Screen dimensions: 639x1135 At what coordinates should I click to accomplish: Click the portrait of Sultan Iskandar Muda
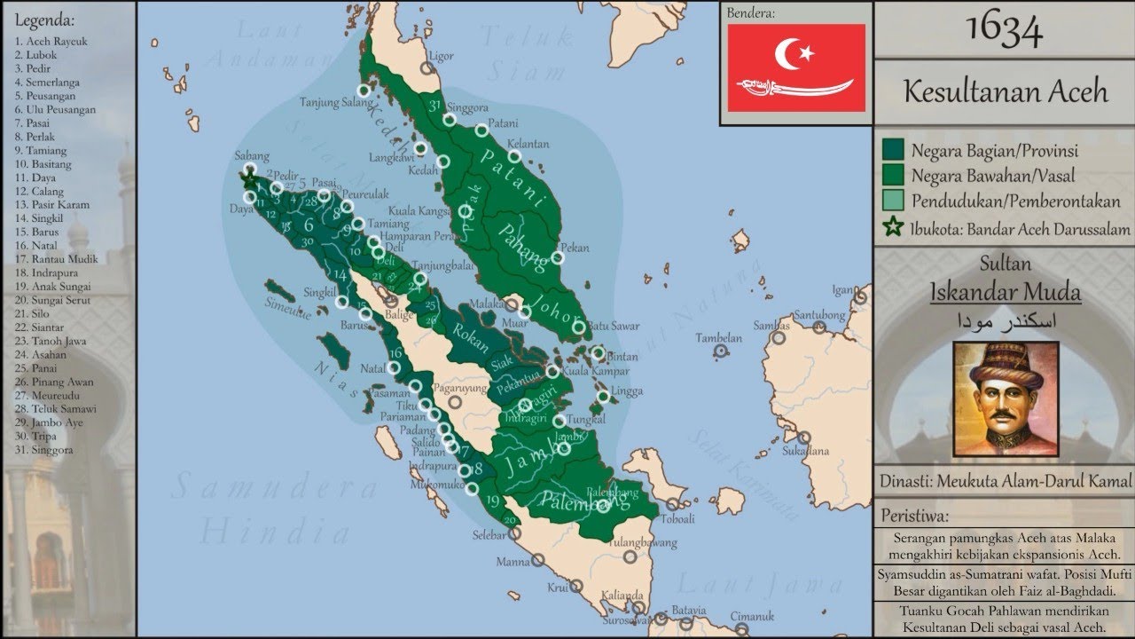coord(1006,398)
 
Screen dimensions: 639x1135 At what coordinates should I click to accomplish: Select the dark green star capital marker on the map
coord(249,177)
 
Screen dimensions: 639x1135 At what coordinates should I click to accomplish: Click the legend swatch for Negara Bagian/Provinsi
coord(892,150)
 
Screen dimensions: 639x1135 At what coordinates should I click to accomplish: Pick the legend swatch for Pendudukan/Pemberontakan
coord(892,201)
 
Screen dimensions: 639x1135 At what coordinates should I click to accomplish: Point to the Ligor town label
coord(442,55)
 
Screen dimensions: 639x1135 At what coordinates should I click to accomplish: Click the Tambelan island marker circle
coord(722,351)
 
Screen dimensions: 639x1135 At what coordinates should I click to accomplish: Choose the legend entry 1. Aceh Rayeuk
coord(51,42)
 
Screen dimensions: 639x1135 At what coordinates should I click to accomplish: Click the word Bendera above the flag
coord(751,13)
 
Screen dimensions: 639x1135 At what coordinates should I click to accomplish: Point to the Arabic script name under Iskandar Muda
coord(1006,320)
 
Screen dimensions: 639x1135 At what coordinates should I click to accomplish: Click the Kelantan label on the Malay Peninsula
coord(528,144)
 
